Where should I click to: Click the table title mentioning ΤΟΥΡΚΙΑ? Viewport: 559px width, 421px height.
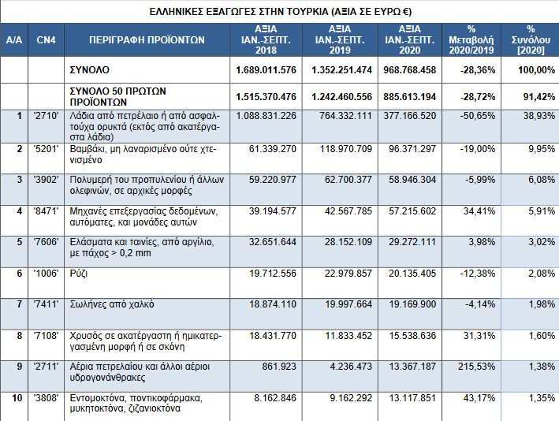[x=280, y=11]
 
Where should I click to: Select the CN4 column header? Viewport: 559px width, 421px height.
[x=46, y=39]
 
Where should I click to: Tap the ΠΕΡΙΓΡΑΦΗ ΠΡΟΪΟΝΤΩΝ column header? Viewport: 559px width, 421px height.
[x=147, y=39]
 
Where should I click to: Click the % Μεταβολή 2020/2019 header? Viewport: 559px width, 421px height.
[x=471, y=39]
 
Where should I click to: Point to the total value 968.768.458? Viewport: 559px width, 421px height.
[x=410, y=70]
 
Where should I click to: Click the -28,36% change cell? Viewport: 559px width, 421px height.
[x=477, y=70]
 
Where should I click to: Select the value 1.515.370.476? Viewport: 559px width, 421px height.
[x=266, y=97]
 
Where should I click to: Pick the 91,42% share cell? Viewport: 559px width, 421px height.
[x=539, y=97]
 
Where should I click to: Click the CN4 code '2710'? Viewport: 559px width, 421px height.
[x=46, y=116]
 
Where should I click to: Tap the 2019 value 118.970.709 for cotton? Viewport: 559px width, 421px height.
[x=346, y=149]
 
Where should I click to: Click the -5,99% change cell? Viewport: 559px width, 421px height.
[x=480, y=179]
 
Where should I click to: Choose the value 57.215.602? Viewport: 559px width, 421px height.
[x=412, y=211]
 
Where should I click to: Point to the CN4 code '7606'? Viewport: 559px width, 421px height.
[x=46, y=242]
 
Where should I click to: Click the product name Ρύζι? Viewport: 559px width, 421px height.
[x=79, y=274]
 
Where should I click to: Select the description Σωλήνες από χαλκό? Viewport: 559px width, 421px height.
[x=112, y=304]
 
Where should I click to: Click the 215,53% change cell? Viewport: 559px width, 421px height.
[x=477, y=367]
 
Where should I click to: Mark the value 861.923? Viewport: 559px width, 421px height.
[x=279, y=367]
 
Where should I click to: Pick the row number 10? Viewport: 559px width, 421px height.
[x=17, y=398]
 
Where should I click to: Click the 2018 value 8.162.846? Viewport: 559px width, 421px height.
[x=275, y=398]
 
